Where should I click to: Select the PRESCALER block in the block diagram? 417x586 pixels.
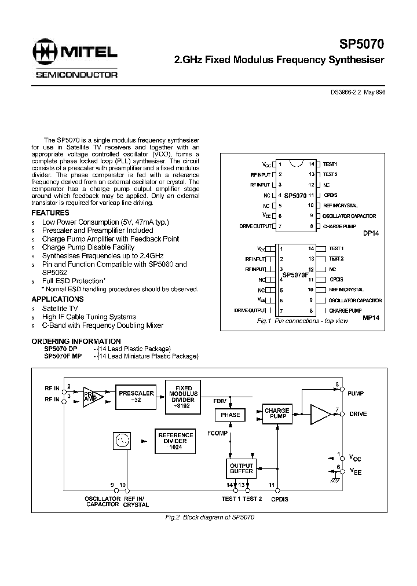click(x=136, y=396)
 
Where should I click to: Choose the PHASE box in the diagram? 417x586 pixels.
click(x=230, y=415)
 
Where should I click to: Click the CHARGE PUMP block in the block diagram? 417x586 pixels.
click(x=277, y=414)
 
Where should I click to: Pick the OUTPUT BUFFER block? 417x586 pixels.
click(x=242, y=468)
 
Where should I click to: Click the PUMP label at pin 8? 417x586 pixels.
click(x=356, y=393)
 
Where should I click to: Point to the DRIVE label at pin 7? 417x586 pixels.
click(x=357, y=414)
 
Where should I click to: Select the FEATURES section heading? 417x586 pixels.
click(x=50, y=213)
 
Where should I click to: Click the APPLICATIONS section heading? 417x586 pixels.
click(x=57, y=299)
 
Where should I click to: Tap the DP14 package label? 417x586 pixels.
click(x=371, y=234)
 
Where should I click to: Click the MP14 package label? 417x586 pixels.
click(x=371, y=318)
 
